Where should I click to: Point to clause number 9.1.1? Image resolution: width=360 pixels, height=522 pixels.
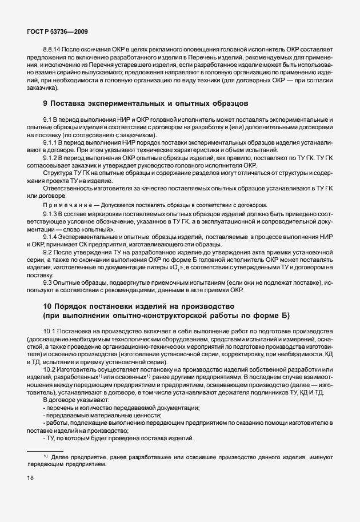(x=52, y=141)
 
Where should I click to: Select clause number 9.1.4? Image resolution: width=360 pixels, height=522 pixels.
(x=52, y=236)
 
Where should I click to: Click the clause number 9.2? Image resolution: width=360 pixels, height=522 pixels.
(x=49, y=252)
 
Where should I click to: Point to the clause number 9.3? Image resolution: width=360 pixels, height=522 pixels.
(x=49, y=282)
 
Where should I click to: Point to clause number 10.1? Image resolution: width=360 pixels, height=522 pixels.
(x=51, y=332)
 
